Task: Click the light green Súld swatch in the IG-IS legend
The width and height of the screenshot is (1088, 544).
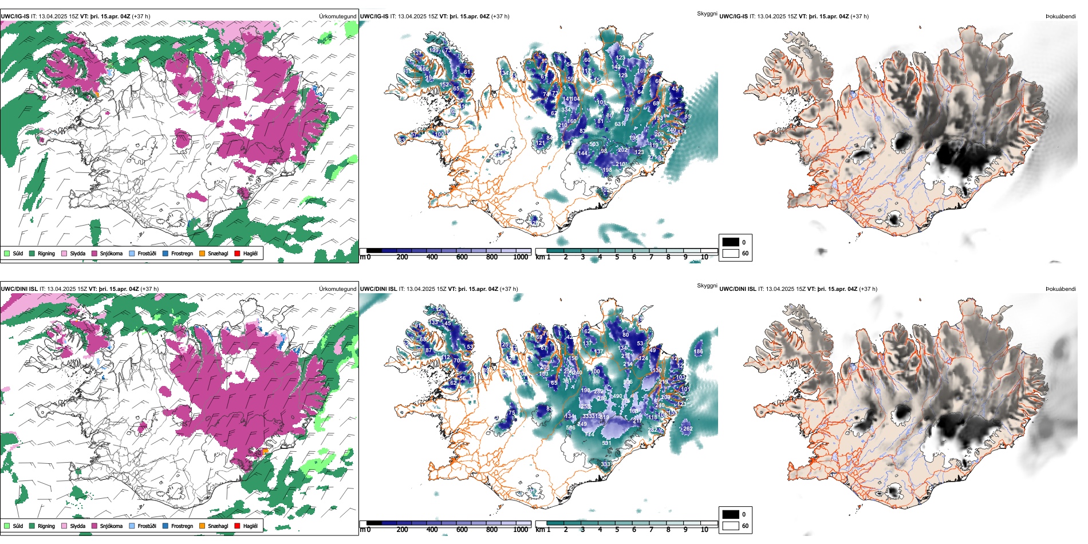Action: (7, 253)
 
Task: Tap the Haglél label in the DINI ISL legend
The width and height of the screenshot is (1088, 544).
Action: (250, 526)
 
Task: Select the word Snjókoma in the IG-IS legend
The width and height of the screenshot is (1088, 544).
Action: (111, 253)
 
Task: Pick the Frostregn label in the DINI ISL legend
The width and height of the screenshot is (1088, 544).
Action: (182, 526)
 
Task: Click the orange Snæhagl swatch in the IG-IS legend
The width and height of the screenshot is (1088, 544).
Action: (202, 253)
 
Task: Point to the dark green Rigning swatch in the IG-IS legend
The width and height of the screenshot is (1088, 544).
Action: (32, 253)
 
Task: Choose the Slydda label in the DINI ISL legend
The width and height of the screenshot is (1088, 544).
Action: (78, 526)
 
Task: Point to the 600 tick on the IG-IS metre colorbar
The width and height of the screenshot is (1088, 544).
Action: (462, 257)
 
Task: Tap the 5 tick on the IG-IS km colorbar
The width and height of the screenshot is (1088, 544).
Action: (617, 257)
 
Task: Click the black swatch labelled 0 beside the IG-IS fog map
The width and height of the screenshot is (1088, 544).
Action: (731, 242)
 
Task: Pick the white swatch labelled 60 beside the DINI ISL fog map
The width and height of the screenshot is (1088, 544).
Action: (731, 526)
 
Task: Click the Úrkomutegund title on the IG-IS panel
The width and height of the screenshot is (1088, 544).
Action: (337, 17)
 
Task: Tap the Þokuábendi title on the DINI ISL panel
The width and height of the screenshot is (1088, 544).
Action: (1061, 289)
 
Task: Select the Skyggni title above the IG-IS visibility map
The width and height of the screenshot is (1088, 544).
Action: (707, 13)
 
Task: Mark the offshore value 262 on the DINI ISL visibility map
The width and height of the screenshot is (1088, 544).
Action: (688, 428)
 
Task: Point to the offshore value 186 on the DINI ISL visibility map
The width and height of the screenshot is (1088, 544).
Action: (698, 352)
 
